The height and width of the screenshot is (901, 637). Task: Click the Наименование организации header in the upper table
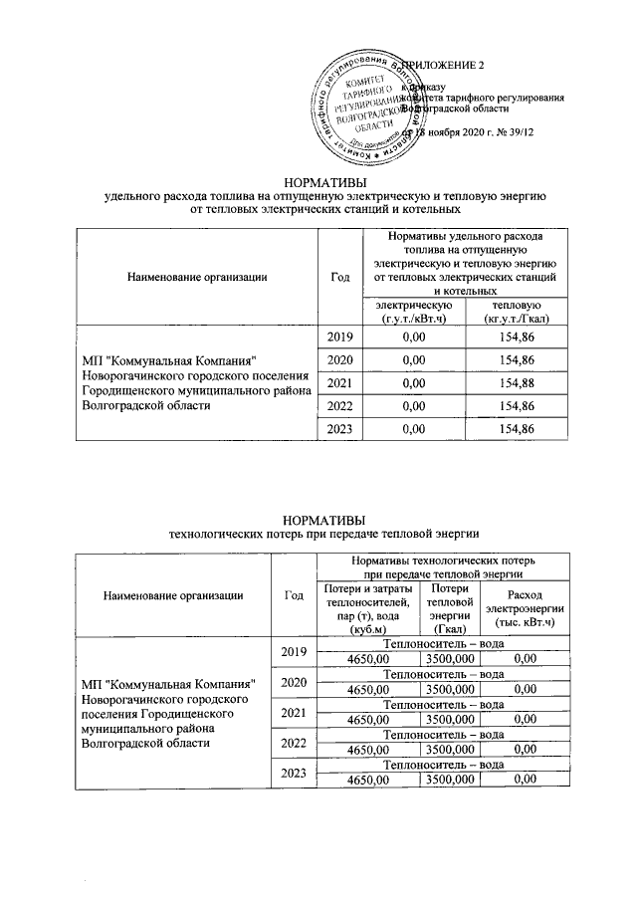point(197,276)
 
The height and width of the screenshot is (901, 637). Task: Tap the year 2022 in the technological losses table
point(293,743)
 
